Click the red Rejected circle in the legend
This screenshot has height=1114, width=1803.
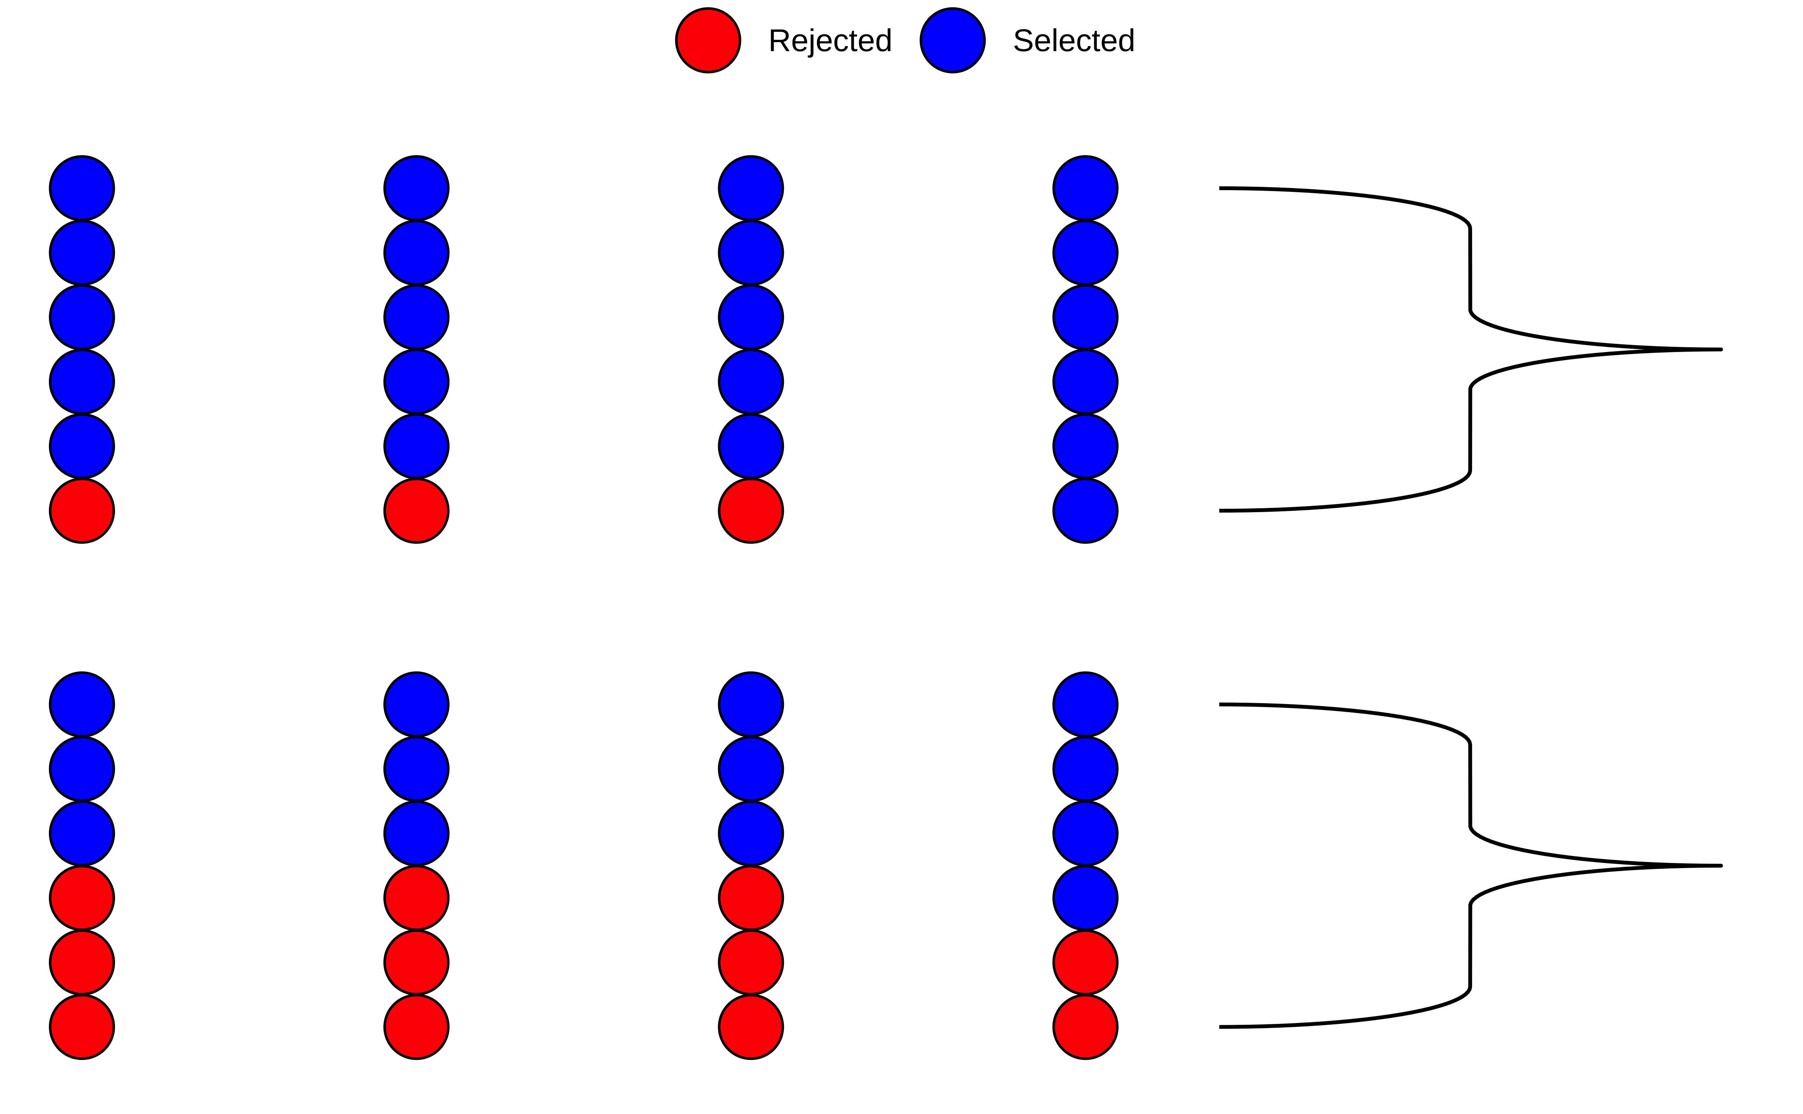click(x=707, y=40)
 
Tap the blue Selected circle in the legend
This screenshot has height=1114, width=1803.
click(x=952, y=40)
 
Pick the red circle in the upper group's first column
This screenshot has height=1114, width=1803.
click(x=82, y=510)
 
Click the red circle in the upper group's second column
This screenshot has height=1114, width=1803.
click(x=416, y=510)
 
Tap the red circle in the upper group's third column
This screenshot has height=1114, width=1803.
click(x=751, y=510)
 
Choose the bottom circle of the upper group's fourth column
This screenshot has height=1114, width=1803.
click(x=1085, y=510)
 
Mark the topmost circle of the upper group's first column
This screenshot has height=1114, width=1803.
click(x=82, y=188)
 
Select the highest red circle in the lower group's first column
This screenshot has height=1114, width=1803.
click(x=82, y=898)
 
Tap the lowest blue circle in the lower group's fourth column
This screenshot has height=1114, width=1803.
click(x=1085, y=898)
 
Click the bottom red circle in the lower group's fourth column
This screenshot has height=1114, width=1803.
click(x=1085, y=1027)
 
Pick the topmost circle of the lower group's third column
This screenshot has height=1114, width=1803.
click(x=751, y=704)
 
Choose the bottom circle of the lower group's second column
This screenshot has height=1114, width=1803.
click(x=416, y=1027)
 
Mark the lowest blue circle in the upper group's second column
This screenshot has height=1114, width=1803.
click(x=416, y=446)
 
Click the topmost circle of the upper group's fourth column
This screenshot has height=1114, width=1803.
click(x=1085, y=188)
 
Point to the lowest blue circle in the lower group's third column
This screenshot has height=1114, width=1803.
click(x=751, y=833)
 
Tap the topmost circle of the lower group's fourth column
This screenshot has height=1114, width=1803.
click(x=1085, y=704)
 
